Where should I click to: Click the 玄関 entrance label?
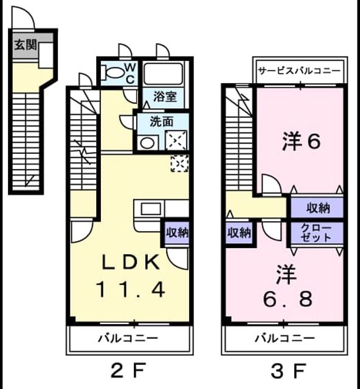(x=26, y=45)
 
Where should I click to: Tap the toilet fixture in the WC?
(x=114, y=72)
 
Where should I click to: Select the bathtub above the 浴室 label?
(x=164, y=74)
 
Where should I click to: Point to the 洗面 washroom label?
(x=161, y=122)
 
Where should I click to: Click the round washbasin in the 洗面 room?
(x=147, y=143)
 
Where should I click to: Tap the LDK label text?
(x=131, y=263)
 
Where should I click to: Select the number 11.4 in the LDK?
(x=131, y=290)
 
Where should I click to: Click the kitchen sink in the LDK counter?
(x=150, y=208)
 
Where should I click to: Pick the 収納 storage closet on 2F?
(x=177, y=232)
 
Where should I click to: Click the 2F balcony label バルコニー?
(x=128, y=338)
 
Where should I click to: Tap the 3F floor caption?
(x=288, y=371)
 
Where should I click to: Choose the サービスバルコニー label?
(x=299, y=71)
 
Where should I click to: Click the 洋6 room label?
(x=301, y=141)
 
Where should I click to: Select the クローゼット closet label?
(x=316, y=233)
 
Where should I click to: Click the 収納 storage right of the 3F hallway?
(x=318, y=208)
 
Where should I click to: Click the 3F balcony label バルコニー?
(x=285, y=338)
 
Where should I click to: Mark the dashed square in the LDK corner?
(x=180, y=164)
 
